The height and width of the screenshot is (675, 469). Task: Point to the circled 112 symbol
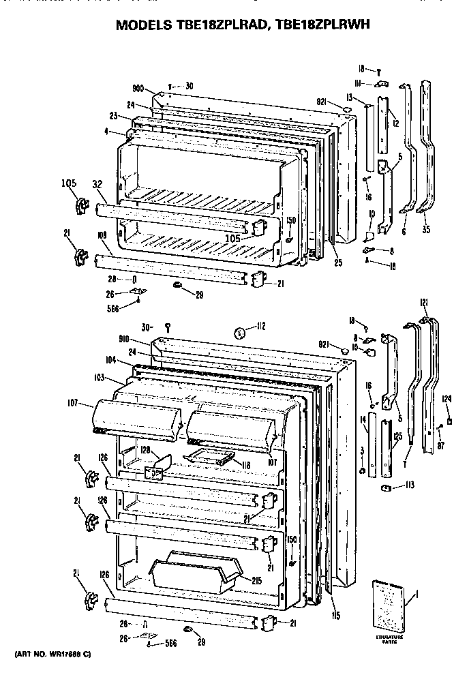239,333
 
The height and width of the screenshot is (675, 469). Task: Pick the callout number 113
410,486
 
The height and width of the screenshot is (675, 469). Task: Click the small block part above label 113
386,487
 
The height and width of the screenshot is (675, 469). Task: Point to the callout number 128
146,451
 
